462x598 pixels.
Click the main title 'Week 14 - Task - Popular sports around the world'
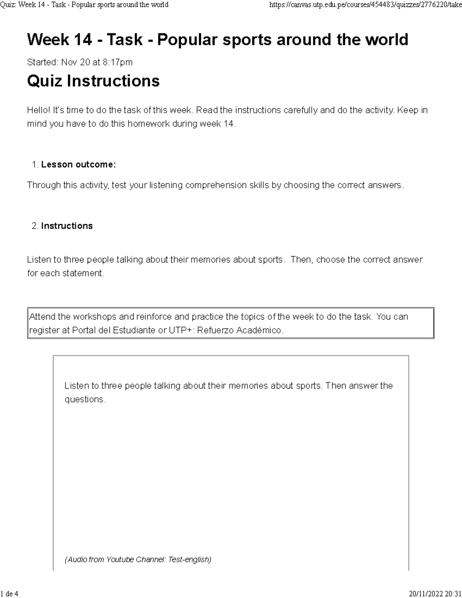tap(218, 40)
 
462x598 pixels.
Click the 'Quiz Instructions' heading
tap(93, 81)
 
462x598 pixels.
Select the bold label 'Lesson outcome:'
tap(79, 165)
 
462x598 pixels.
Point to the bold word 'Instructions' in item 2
tap(67, 226)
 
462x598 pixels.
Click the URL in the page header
tap(365, 5)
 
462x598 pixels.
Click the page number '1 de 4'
tap(9, 593)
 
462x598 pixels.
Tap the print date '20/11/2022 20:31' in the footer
tap(435, 593)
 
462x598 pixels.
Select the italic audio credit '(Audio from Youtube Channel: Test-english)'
tap(138, 559)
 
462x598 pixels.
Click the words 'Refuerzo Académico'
tap(240, 330)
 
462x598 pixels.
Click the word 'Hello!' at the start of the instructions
tap(38, 110)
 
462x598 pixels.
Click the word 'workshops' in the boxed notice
tap(95, 317)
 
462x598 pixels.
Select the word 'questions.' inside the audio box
tap(85, 399)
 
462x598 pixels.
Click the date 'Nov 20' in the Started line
tap(75, 62)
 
